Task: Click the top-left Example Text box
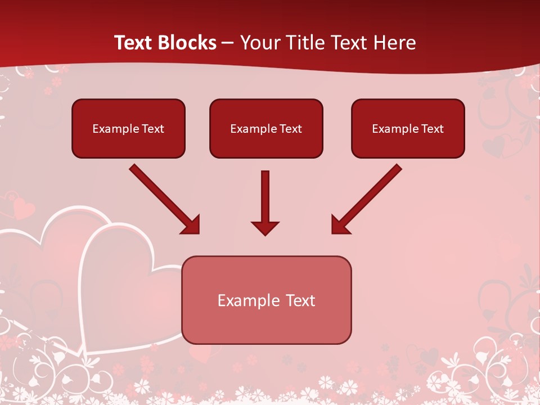pyautogui.click(x=128, y=128)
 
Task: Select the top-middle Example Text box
pyautogui.click(x=266, y=128)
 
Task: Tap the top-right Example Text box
pyautogui.click(x=408, y=128)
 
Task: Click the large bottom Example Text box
pyautogui.click(x=266, y=300)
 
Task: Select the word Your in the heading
pyautogui.click(x=258, y=43)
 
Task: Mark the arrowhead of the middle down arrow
pyautogui.click(x=265, y=228)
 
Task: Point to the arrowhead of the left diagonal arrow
pyautogui.click(x=191, y=225)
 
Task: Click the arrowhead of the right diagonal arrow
pyautogui.click(x=340, y=225)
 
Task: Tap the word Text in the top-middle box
pyautogui.click(x=291, y=129)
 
